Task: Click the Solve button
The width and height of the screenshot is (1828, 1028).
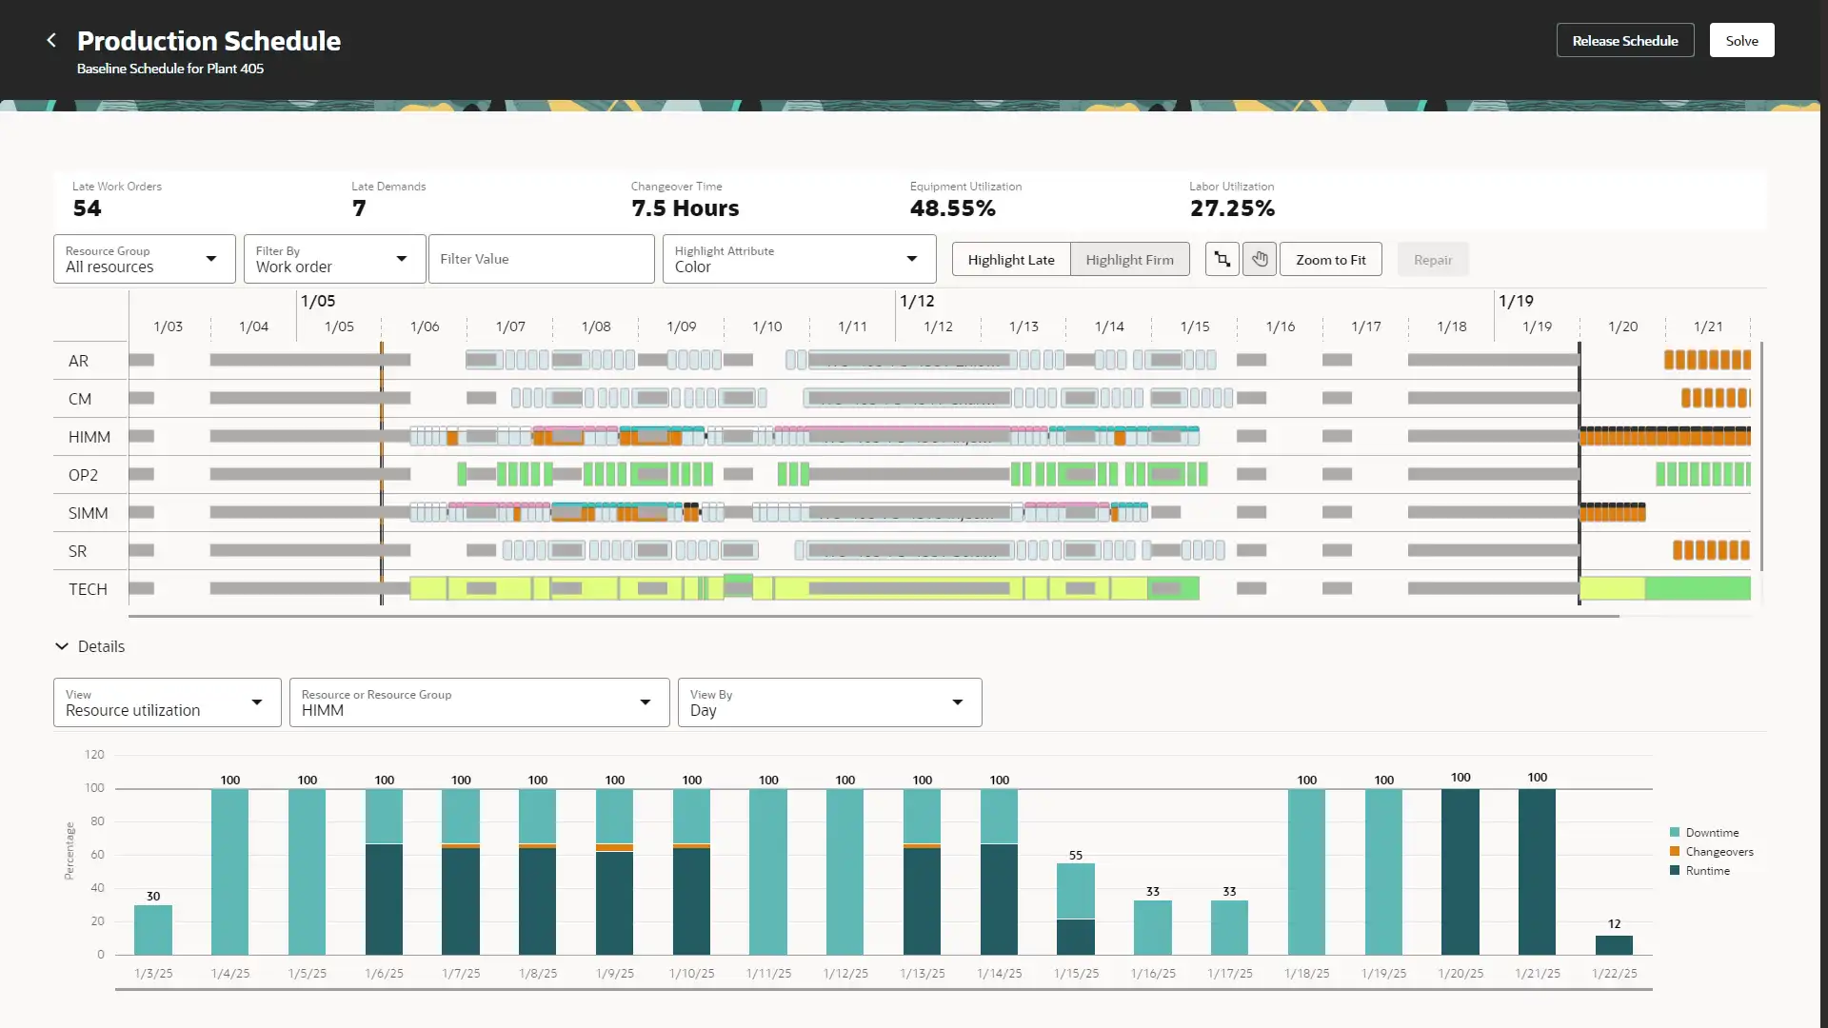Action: (x=1741, y=41)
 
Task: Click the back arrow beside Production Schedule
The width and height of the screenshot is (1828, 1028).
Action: (x=51, y=40)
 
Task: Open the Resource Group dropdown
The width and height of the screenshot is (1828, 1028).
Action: (x=144, y=259)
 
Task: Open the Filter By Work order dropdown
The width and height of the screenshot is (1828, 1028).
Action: (x=334, y=259)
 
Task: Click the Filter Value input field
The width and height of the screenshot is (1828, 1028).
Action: (x=541, y=259)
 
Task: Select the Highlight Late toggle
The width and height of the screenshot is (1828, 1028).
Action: (x=1011, y=260)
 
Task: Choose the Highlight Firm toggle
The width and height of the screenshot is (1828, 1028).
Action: (x=1129, y=260)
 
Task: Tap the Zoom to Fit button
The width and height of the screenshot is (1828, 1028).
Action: (x=1330, y=260)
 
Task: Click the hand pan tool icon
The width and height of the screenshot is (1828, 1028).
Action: (x=1260, y=259)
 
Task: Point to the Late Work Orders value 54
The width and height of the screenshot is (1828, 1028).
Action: (x=87, y=208)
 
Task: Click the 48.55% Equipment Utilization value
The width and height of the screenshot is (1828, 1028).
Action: (x=952, y=208)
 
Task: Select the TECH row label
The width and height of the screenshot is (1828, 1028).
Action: (x=88, y=589)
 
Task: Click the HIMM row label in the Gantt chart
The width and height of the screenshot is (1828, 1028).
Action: (x=89, y=437)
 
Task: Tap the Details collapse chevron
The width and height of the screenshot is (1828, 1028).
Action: (x=62, y=646)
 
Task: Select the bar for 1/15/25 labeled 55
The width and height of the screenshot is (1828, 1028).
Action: (x=1076, y=908)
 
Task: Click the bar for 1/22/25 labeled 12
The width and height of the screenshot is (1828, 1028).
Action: (x=1614, y=944)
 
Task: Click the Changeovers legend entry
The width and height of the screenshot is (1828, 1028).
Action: (x=1719, y=852)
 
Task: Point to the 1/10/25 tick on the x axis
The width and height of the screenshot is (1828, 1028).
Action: (x=691, y=973)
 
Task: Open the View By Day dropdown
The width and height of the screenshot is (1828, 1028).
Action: (x=828, y=702)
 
